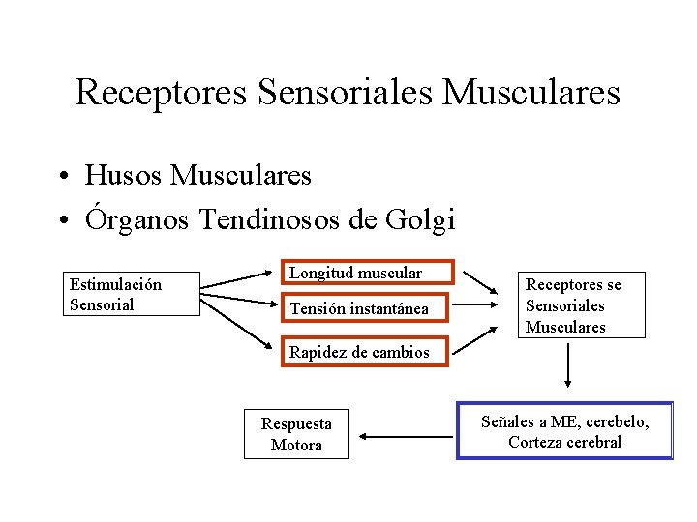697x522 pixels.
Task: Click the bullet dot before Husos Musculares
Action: pyautogui.click(x=61, y=176)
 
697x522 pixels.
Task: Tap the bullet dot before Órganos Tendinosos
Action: pyautogui.click(x=61, y=221)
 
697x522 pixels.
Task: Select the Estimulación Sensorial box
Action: pyautogui.click(x=132, y=294)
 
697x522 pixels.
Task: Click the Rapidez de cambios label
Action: pyautogui.click(x=359, y=352)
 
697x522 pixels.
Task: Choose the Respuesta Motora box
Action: pyautogui.click(x=296, y=434)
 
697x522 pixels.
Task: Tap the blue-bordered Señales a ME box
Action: pyautogui.click(x=564, y=431)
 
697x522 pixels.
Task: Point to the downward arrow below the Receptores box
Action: pyautogui.click(x=569, y=365)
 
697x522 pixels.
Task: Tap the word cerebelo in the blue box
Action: pyautogui.click(x=613, y=421)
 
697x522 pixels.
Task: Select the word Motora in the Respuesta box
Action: pyautogui.click(x=296, y=445)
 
